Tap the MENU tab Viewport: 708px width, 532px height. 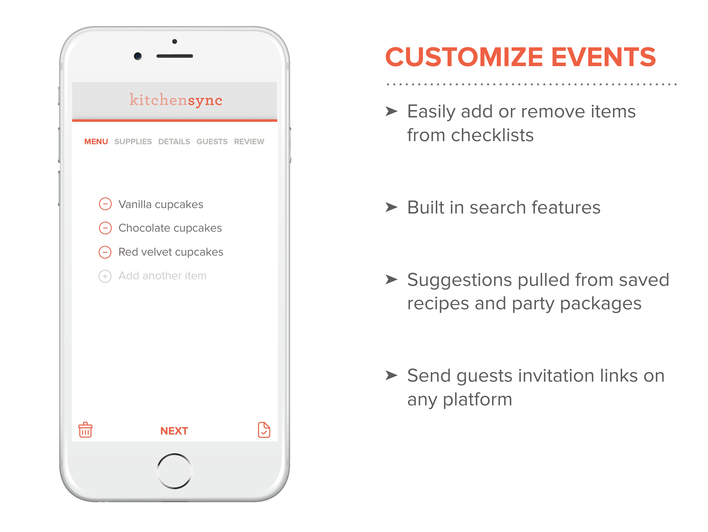pos(96,142)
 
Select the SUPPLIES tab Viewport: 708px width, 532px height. pos(133,142)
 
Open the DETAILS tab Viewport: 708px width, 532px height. pos(174,142)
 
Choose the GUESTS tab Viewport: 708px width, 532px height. pos(212,142)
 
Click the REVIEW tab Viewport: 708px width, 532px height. pos(249,142)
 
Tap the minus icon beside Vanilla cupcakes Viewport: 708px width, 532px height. pos(105,204)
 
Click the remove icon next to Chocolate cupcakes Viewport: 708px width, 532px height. pos(105,228)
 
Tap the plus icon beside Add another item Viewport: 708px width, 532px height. pos(105,276)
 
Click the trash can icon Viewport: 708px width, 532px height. pos(85,430)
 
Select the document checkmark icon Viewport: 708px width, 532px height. pos(264,430)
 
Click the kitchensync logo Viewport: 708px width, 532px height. pos(176,100)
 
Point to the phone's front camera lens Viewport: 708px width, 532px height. pos(138,56)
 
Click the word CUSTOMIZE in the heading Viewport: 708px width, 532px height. pos(464,57)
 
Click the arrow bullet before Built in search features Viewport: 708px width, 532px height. pos(391,207)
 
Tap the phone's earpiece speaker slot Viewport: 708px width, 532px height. pos(175,56)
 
